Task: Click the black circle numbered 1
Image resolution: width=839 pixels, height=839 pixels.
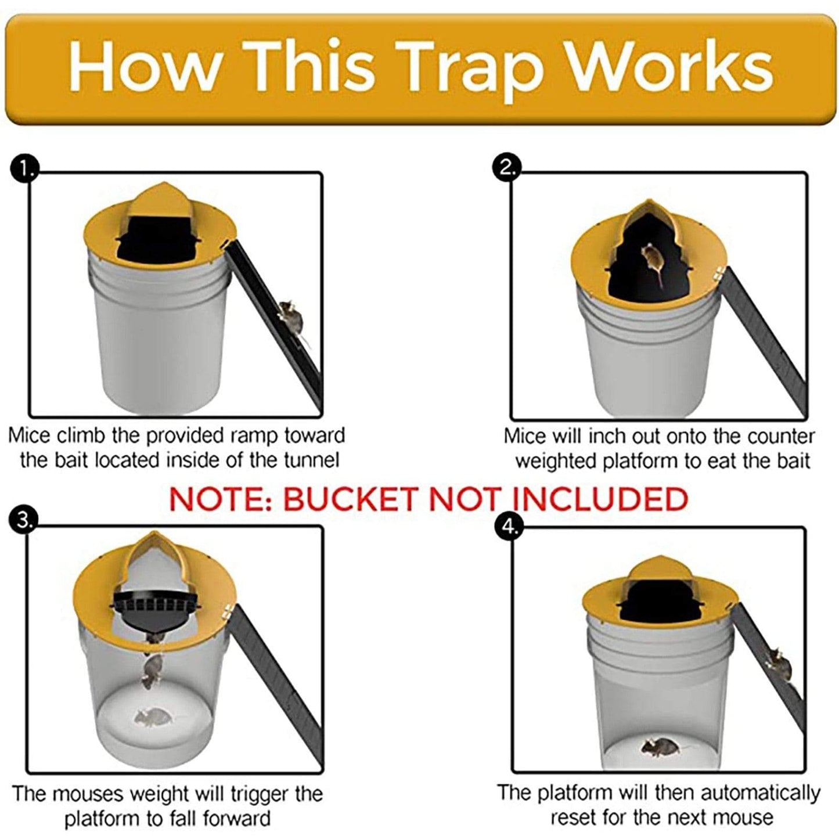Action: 24,169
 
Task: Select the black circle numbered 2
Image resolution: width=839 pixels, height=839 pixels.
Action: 506,168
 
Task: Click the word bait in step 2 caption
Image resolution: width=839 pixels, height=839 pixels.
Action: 788,461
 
